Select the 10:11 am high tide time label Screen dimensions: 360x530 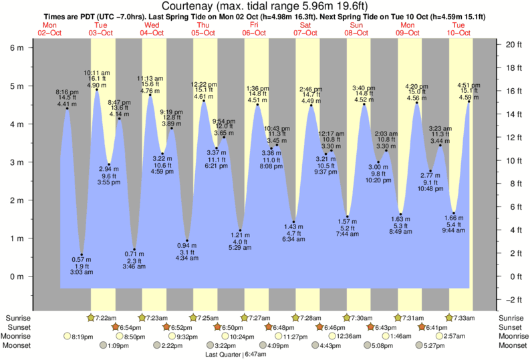click(97, 72)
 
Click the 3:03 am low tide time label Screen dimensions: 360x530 click(82, 273)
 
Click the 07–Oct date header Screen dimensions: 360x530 click(305, 33)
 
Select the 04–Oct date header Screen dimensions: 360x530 click(151, 33)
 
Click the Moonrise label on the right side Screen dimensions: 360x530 click(511, 337)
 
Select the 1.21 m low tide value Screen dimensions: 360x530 click(240, 234)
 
